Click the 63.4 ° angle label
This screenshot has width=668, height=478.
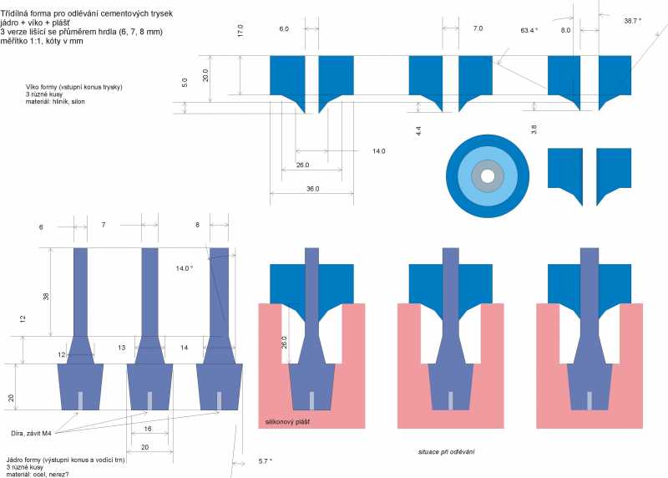point(529,30)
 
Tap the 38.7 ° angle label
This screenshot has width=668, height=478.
point(633,19)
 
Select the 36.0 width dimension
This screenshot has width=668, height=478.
point(312,189)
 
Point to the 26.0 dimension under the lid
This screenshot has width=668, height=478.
point(302,165)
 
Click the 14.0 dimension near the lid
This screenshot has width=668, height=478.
point(379,150)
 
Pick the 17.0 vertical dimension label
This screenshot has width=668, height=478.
point(240,31)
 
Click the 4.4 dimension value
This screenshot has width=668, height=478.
point(418,130)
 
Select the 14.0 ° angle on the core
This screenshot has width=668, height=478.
point(185,268)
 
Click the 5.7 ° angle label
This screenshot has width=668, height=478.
point(265,460)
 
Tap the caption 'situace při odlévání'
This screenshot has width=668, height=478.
point(447,451)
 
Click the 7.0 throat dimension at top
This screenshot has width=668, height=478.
point(478,28)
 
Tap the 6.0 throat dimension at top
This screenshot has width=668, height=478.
point(284,28)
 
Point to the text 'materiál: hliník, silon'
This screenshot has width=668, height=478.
point(55,102)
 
